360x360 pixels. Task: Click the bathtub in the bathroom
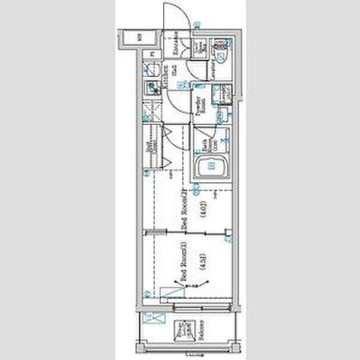point(211,166)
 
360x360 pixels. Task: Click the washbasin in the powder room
point(224,95)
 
